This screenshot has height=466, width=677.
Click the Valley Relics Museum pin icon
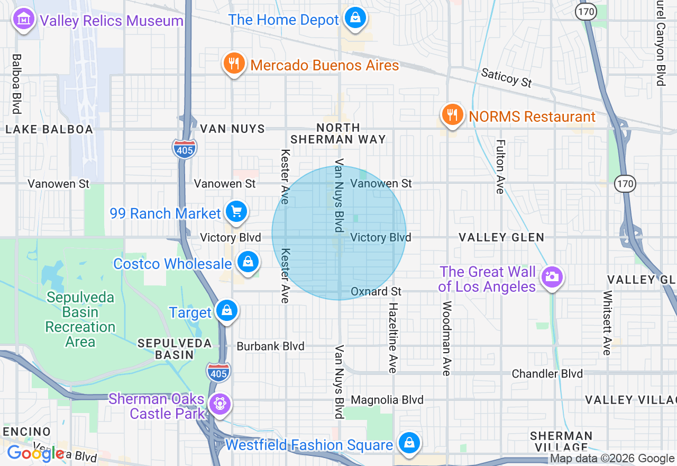(23, 20)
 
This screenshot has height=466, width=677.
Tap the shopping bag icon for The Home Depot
(355, 19)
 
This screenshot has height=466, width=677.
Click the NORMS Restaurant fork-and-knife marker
(452, 114)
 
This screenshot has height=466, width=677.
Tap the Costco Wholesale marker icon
(247, 262)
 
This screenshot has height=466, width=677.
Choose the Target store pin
(227, 311)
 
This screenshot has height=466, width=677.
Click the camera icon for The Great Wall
(551, 276)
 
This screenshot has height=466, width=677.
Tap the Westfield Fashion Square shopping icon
(409, 443)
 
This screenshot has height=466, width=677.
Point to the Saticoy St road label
(506, 77)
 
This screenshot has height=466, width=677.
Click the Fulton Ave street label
(500, 166)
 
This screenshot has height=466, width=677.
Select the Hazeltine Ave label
(392, 337)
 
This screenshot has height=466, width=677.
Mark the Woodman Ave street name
(446, 338)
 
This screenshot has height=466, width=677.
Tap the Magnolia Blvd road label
(387, 400)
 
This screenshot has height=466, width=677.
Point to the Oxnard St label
(376, 292)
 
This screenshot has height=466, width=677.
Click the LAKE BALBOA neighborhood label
(49, 129)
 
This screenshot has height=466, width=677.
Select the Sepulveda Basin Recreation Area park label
(80, 319)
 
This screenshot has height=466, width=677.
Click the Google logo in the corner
(35, 453)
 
